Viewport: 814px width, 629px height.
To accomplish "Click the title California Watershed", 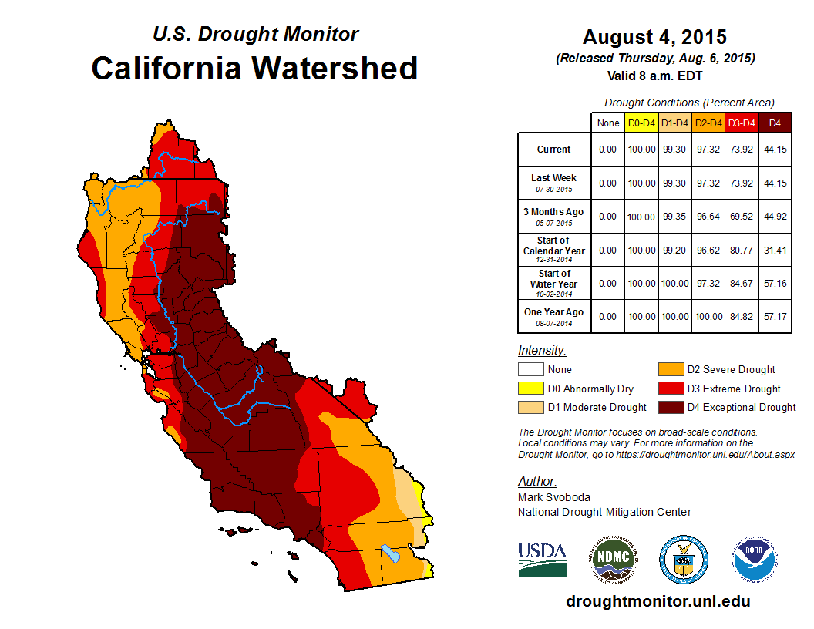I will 254,69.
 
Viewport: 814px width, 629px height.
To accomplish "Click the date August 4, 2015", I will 654,37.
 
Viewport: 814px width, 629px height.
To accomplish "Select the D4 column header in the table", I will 775,123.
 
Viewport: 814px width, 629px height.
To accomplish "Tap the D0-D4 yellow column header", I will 641,123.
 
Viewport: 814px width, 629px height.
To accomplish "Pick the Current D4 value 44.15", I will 775,150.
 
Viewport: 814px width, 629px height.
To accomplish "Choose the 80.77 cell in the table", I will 742,250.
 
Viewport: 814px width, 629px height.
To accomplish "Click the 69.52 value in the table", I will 742,217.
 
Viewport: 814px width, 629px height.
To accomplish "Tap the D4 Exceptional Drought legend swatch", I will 671,407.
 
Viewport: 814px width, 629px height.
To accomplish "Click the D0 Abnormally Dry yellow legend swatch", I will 531,388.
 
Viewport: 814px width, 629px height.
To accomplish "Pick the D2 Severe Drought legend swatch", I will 671,369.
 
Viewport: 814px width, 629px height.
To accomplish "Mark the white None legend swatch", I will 531,369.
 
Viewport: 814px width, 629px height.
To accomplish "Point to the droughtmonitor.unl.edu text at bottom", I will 658,601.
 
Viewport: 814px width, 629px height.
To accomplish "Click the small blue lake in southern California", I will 391,553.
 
